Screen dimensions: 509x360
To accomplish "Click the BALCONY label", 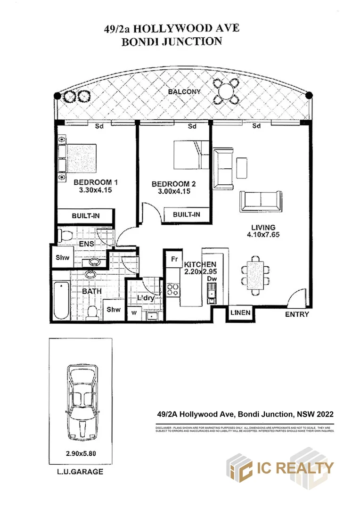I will (x=185, y=92).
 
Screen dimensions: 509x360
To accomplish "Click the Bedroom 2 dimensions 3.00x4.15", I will (x=173, y=192).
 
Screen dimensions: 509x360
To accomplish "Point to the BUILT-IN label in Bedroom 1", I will (x=86, y=216).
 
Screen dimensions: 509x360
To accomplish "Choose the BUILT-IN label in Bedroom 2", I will (x=186, y=214).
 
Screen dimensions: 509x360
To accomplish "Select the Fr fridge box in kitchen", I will (x=173, y=259).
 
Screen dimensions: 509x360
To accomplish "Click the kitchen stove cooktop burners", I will (x=173, y=289).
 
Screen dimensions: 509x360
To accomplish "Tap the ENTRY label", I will (x=297, y=314).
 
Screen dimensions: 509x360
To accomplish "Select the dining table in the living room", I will (x=255, y=275).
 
